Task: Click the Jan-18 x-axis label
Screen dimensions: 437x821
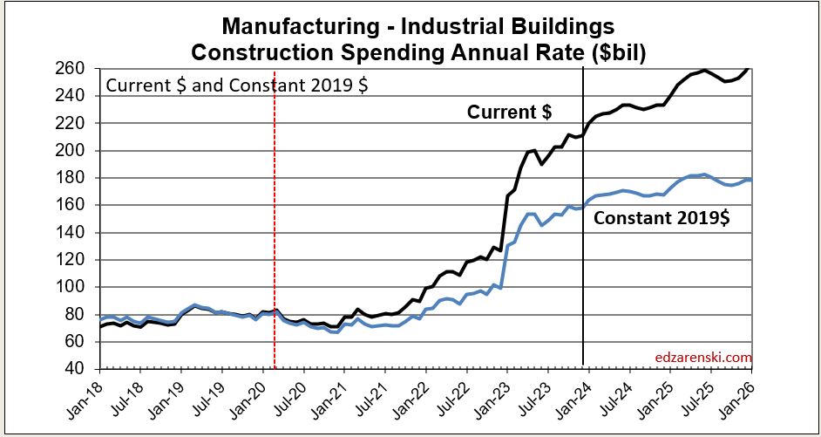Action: click(x=83, y=397)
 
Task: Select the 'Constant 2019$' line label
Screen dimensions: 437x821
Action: click(x=662, y=218)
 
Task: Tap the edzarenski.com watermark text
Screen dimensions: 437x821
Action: click(x=702, y=357)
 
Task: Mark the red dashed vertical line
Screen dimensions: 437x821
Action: click(x=275, y=218)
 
